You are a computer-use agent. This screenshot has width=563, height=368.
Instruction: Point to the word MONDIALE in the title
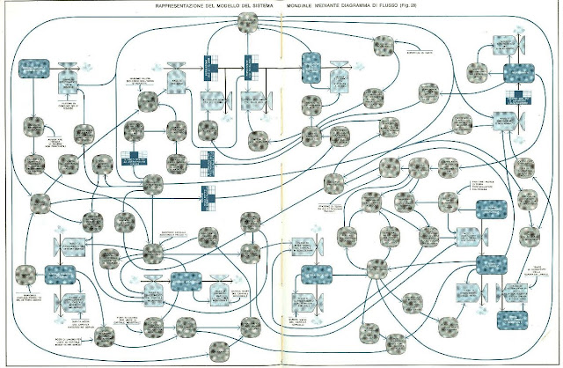(x=306, y=6)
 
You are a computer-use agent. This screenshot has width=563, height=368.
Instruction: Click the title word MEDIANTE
(x=345, y=6)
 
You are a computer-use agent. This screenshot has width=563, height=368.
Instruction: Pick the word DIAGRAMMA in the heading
(x=385, y=6)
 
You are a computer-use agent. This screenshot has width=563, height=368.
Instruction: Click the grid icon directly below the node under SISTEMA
(x=249, y=63)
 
